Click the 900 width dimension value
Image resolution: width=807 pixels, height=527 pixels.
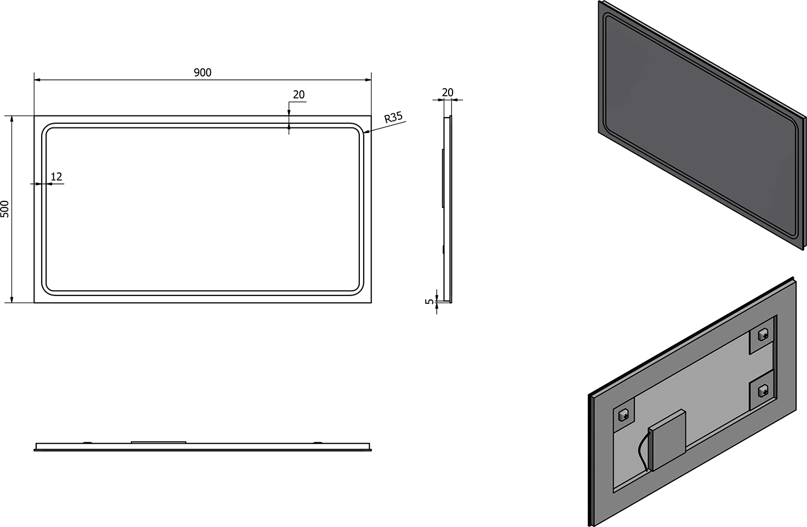pyautogui.click(x=202, y=73)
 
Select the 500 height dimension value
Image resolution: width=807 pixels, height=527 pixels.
pyautogui.click(x=5, y=209)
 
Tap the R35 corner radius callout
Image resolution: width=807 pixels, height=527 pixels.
pyautogui.click(x=393, y=117)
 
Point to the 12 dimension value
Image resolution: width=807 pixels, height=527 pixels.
pyautogui.click(x=56, y=177)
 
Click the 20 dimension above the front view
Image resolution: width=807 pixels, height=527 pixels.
pyautogui.click(x=299, y=95)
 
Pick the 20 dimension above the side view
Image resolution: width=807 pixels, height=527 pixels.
pyautogui.click(x=448, y=92)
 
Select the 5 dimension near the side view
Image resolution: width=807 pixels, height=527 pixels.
pyautogui.click(x=430, y=300)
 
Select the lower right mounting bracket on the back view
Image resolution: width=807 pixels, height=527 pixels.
pyautogui.click(x=762, y=390)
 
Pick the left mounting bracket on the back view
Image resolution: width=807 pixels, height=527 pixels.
pyautogui.click(x=623, y=415)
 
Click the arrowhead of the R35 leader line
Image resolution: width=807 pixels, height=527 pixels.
pyautogui.click(x=365, y=132)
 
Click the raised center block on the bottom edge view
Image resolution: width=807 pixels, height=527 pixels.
pyautogui.click(x=159, y=442)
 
